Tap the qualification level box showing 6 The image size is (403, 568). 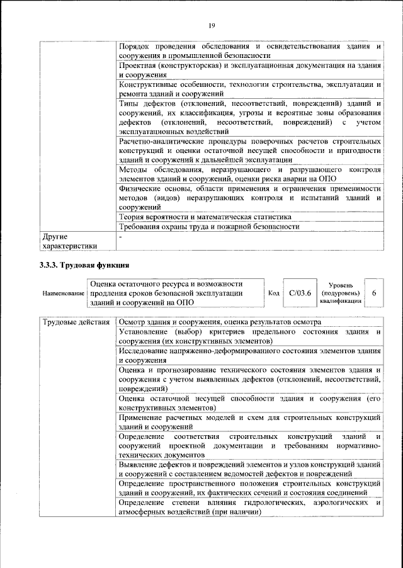[374, 293]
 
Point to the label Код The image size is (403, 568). [274, 293]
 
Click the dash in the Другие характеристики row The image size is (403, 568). [122, 237]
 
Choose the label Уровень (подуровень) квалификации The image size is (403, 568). [340, 293]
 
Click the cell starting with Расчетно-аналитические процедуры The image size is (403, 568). [249, 151]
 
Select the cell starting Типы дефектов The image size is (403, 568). [249, 117]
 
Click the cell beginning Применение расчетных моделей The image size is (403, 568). [249, 422]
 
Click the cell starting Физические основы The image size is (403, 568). [249, 197]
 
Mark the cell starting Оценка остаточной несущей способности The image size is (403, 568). [249, 403]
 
